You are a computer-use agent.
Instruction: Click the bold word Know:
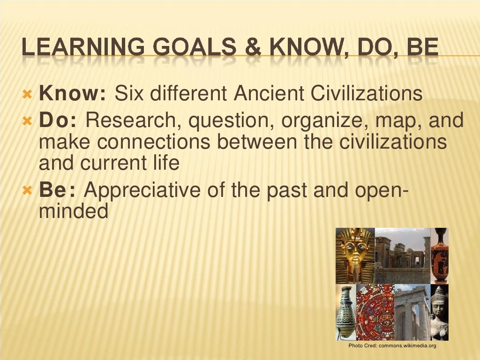click(x=73, y=94)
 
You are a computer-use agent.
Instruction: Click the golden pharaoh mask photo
click(x=355, y=255)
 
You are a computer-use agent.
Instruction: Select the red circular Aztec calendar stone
click(x=375, y=312)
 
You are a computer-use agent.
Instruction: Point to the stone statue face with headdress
click(x=439, y=312)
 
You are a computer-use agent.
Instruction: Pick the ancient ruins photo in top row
click(x=402, y=255)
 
